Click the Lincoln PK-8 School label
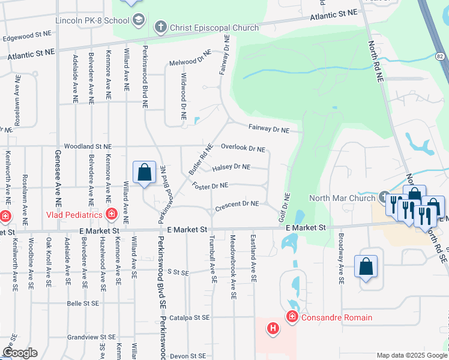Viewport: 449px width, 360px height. tap(92, 21)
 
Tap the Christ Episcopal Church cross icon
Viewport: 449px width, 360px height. tap(160, 27)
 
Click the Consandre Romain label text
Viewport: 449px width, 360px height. tap(336, 317)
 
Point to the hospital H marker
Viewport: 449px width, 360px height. tap(273, 328)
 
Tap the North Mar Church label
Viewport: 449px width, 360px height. tap(342, 198)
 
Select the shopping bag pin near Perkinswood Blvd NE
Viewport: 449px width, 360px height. tap(144, 173)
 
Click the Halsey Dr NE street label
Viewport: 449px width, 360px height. tap(231, 167)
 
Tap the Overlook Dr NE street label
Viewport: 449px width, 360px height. tap(243, 148)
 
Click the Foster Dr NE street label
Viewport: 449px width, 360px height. tap(210, 186)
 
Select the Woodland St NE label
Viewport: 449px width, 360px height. tap(88, 146)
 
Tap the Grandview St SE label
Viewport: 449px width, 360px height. tap(91, 337)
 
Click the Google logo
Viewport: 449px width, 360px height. tap(20, 353)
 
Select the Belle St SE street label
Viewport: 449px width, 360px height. tap(82, 304)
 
